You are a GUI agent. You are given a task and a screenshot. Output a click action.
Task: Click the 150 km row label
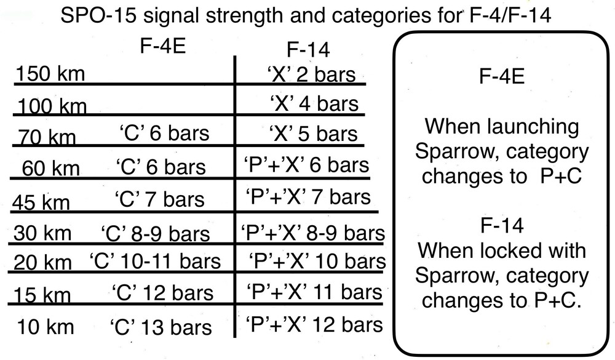(50, 74)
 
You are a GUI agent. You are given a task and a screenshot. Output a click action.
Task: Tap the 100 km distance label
(52, 106)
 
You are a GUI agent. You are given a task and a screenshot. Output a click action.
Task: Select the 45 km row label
(41, 202)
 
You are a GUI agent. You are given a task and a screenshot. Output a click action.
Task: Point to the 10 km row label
(46, 327)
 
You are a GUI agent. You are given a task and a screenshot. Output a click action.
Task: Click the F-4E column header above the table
(163, 46)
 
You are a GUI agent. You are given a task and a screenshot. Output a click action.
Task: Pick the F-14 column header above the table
(308, 50)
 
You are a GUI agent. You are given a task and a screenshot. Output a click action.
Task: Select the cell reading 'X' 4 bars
(314, 103)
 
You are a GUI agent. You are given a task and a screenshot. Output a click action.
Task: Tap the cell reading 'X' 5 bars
(314, 134)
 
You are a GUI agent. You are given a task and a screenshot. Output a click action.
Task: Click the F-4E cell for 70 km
(164, 133)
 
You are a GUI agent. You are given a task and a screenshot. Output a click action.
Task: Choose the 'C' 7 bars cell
(160, 199)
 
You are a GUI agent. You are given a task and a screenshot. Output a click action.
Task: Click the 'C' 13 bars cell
(161, 327)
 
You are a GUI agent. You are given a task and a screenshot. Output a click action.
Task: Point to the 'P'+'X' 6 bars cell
(306, 165)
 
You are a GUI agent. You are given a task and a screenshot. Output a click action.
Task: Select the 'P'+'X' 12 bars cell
(314, 325)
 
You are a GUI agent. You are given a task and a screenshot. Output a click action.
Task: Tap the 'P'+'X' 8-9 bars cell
(313, 233)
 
